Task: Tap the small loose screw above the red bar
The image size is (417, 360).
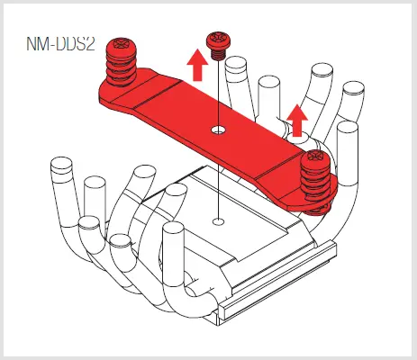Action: [216, 45]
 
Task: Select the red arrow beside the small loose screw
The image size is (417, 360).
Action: [192, 65]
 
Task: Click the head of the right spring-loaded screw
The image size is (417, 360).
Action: [316, 159]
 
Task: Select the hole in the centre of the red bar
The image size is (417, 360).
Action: [216, 130]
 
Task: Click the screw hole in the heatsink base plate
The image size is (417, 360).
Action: [217, 219]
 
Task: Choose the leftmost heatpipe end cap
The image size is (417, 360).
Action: [60, 167]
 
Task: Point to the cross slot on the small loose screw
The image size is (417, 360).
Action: [216, 40]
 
